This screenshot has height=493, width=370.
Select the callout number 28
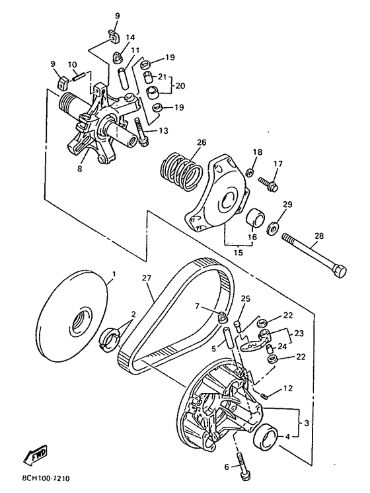[318, 236]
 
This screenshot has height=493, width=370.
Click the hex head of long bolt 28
[340, 271]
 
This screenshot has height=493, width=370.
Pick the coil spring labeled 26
[182, 171]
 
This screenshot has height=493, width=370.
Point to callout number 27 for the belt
[146, 278]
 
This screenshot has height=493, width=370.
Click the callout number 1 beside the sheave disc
[114, 274]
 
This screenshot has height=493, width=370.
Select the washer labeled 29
[273, 228]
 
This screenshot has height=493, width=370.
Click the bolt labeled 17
[268, 184]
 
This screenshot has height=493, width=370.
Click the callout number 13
[163, 130]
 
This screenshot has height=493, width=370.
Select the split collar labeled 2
[109, 338]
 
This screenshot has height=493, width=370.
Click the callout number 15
[239, 253]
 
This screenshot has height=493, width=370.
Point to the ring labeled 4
[267, 435]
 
